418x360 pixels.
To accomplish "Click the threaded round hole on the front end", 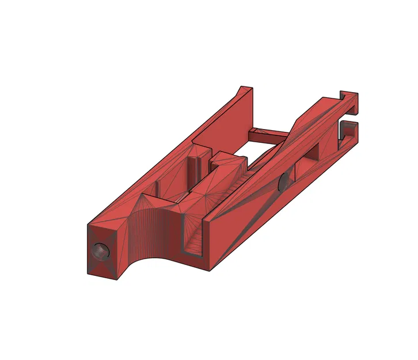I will click(100, 251).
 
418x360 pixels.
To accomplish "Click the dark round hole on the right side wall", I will click(284, 183).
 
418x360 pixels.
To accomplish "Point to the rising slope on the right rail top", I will click(299, 124).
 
